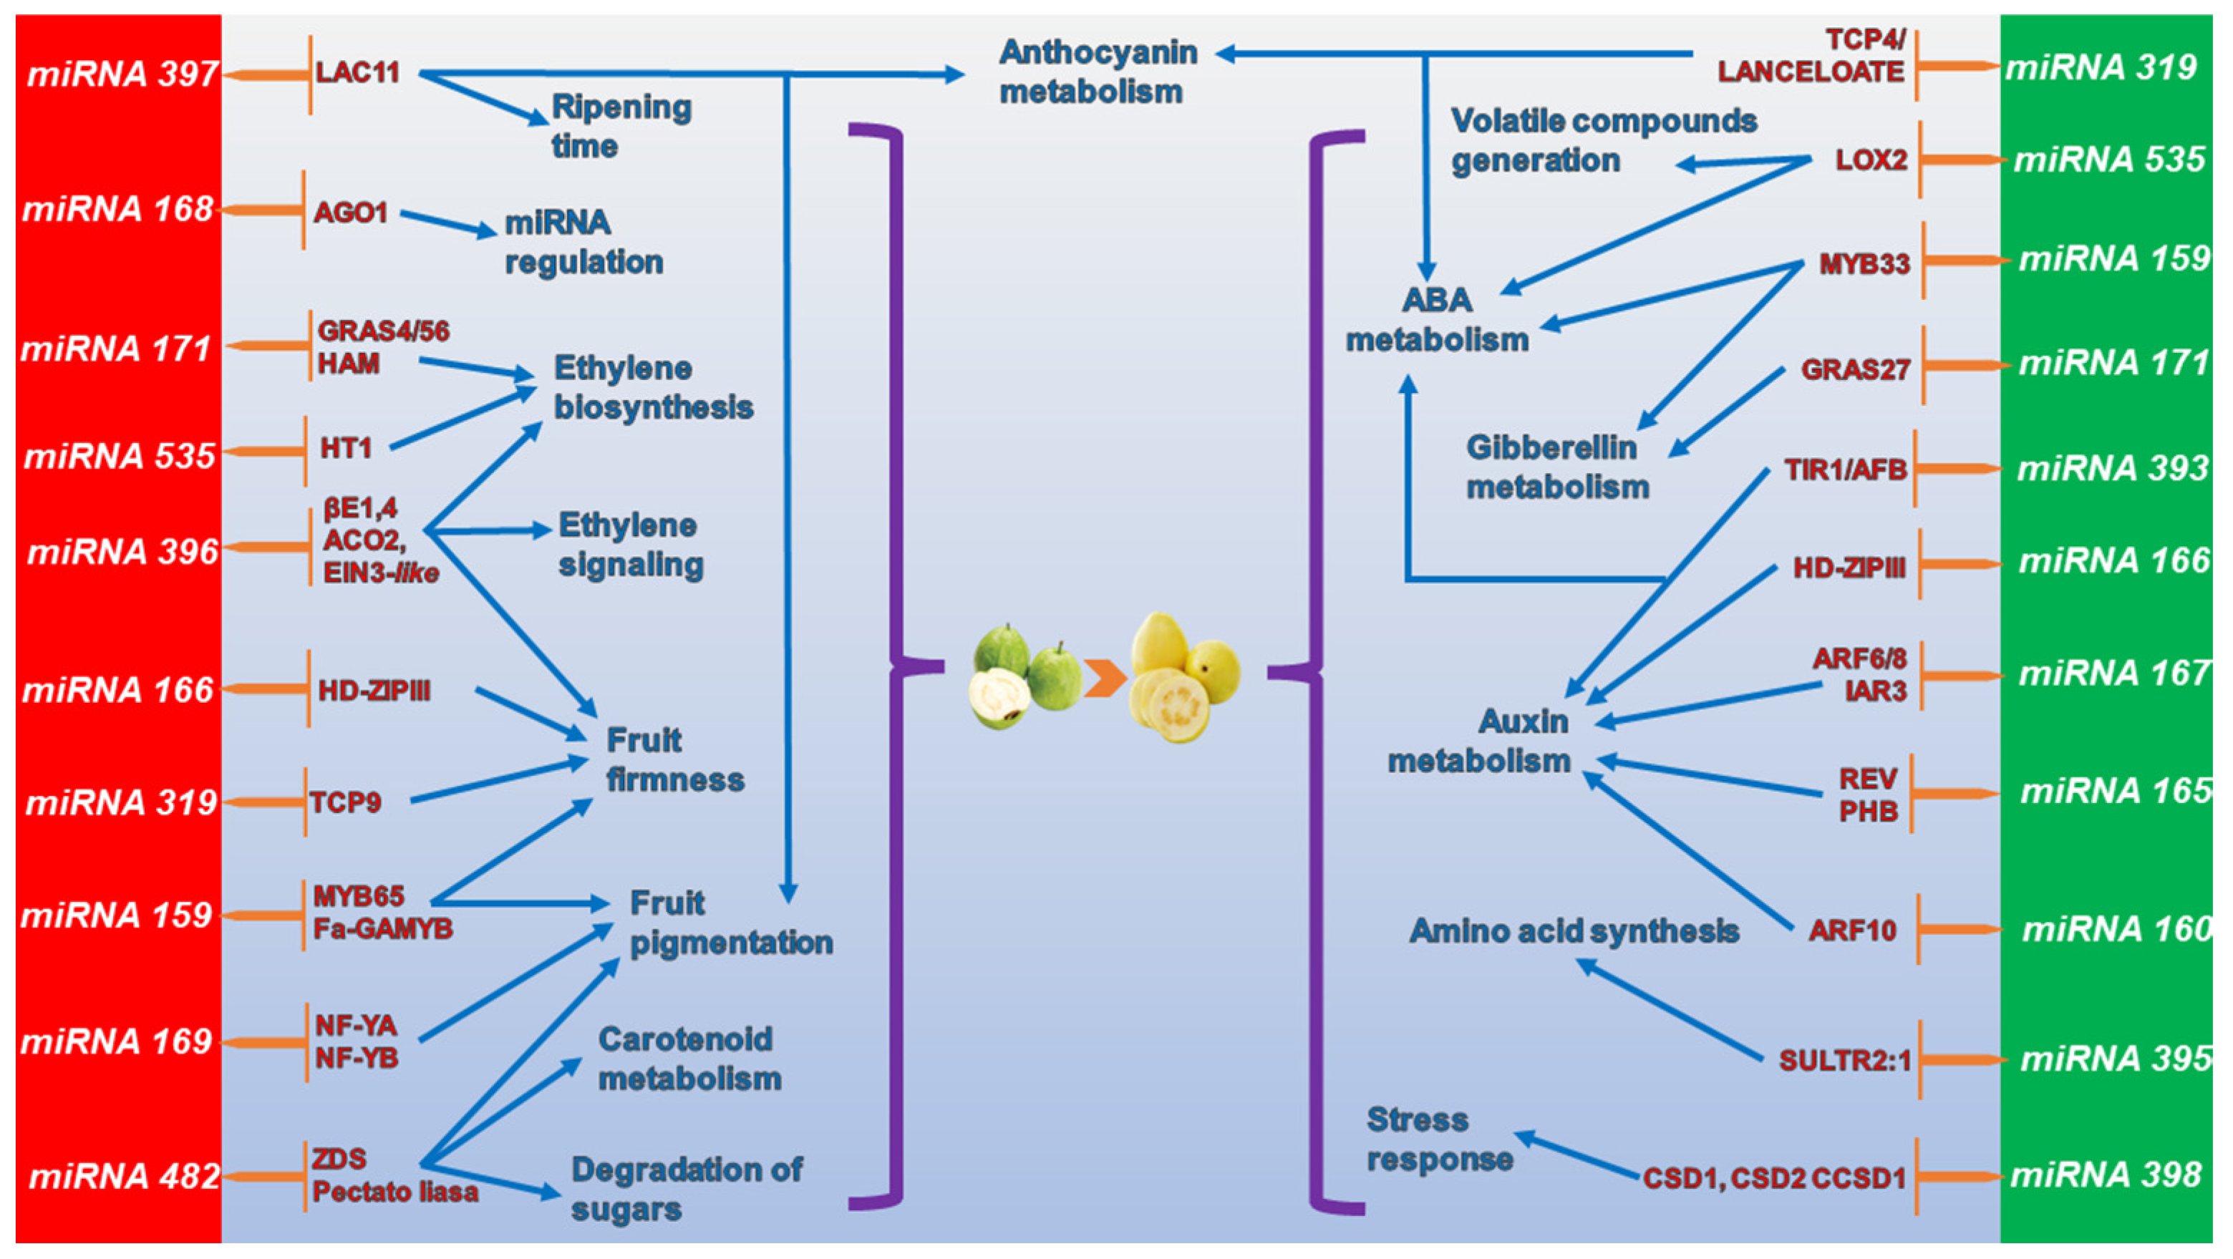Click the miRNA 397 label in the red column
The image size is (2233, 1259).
coord(122,74)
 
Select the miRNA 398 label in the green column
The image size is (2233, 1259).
coord(2106,1175)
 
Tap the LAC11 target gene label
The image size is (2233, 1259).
coord(357,72)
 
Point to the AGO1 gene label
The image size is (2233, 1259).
coord(350,213)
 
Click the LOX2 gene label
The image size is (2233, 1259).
coord(1871,160)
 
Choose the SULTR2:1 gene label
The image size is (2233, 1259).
coord(1844,1061)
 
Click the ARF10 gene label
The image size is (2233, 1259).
coord(1851,930)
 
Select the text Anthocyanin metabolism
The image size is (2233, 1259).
coord(1097,72)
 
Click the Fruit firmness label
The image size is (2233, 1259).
coord(674,760)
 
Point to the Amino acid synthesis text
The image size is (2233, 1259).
coord(1574,930)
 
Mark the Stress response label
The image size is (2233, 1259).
coord(1439,1139)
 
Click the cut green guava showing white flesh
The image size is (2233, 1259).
coord(999,699)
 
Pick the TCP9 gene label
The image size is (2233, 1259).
coord(345,802)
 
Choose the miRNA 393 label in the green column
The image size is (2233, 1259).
coord(2111,469)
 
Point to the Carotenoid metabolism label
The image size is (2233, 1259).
coord(689,1059)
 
